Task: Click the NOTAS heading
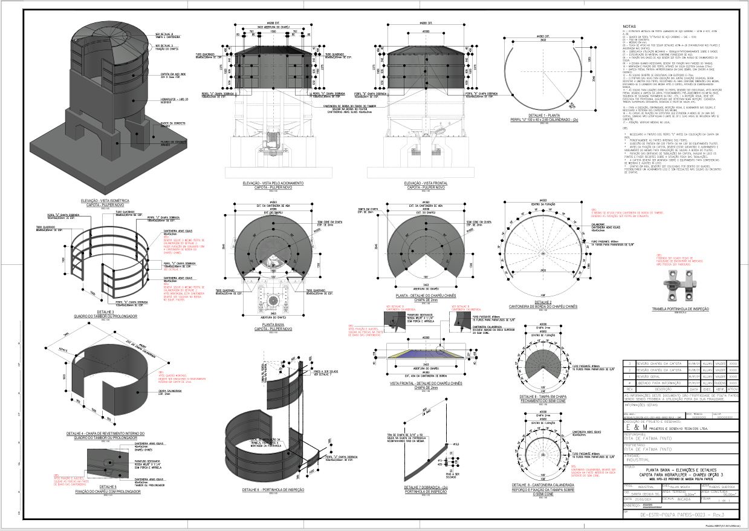629,27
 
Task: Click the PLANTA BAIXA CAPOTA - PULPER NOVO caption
273,327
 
